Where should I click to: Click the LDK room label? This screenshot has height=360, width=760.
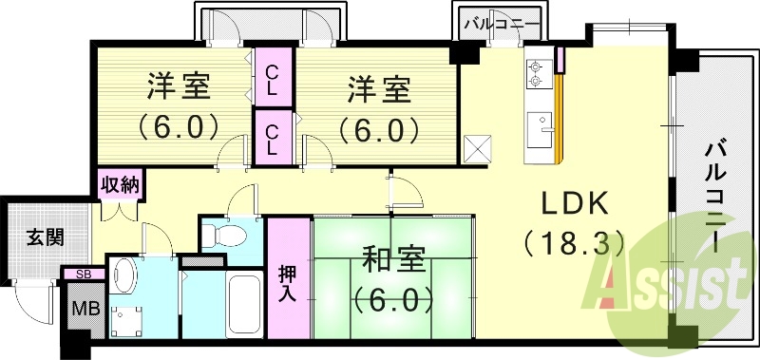575,204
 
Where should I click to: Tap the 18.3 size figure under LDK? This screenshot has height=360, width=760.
574,243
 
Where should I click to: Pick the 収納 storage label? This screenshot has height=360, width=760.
120,184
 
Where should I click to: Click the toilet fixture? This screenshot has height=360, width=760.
224,234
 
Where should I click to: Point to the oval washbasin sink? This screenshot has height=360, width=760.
123,276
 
